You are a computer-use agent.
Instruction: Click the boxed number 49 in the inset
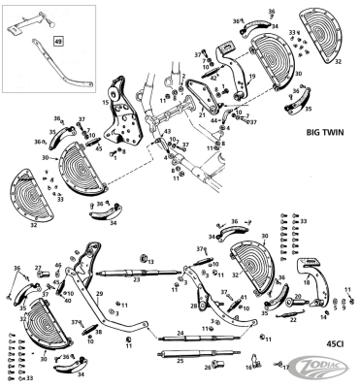57,43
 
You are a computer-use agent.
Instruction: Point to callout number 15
107,101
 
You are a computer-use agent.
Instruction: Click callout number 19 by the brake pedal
250,76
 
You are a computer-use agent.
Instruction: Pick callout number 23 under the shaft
137,279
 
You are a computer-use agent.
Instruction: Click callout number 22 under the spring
293,319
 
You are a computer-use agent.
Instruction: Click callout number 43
167,131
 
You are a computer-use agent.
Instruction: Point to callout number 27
38,268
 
